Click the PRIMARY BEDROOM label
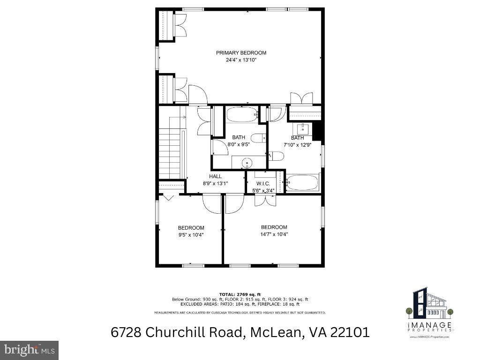tap(241, 53)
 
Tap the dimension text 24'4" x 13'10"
tap(241, 60)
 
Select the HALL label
tap(216, 176)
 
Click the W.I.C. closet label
tap(263, 183)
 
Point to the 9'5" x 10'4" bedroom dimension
tap(191, 235)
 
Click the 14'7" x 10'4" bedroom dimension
tap(274, 234)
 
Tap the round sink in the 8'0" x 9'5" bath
tap(247, 163)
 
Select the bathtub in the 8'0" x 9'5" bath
tap(242, 114)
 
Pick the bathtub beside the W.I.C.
tap(303, 182)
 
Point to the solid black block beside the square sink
tap(317, 130)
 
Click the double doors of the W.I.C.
tap(265, 200)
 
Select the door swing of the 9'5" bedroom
tap(211, 204)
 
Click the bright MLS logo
tap(29, 350)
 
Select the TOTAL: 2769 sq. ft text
tap(240, 293)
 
